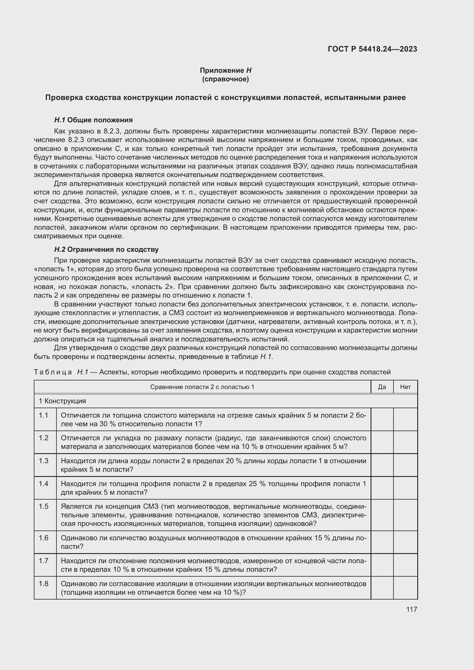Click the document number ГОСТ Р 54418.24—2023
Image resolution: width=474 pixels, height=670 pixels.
pyautogui.click(x=373, y=49)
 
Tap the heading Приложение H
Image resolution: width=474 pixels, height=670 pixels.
pyautogui.click(x=225, y=70)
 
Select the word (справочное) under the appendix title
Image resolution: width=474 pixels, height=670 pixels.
pyautogui.click(x=225, y=79)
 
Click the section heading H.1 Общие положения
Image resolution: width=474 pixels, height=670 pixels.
pyautogui.click(x=93, y=120)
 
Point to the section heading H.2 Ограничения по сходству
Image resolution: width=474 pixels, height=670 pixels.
pyautogui.click(x=106, y=249)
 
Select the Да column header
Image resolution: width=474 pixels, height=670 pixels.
pyautogui.click(x=382, y=387)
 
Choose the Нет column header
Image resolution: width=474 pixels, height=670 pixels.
pyautogui.click(x=406, y=387)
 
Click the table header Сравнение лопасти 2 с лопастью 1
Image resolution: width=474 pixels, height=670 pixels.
pyautogui.click(x=202, y=387)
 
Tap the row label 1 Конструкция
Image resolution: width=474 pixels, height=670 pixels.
pyautogui.click(x=62, y=401)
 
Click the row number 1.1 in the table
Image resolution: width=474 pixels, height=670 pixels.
pyautogui.click(x=44, y=415)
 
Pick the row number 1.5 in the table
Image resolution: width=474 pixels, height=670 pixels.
pyautogui.click(x=44, y=506)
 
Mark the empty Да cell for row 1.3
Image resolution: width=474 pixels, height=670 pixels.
pyautogui.click(x=382, y=465)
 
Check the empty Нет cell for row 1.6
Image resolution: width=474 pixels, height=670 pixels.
pyautogui.click(x=406, y=542)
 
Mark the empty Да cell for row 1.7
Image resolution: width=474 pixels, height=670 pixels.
pyautogui.click(x=382, y=565)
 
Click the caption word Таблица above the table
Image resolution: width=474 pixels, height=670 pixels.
pyautogui.click(x=53, y=372)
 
